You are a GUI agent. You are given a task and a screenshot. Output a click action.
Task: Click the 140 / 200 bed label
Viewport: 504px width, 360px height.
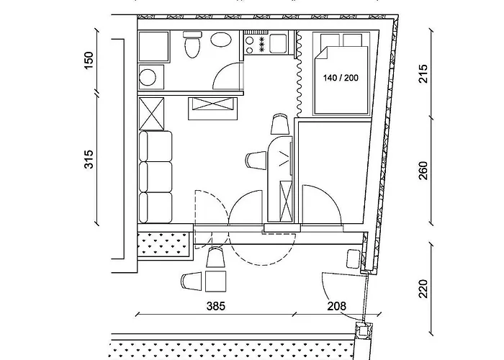pos(341,78)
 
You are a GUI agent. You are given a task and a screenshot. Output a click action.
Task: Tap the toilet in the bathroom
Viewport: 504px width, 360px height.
pos(192,44)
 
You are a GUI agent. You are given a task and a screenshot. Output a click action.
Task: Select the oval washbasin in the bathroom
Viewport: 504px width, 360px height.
pos(221,40)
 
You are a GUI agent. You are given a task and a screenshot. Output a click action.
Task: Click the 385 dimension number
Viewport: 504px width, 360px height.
pos(216,306)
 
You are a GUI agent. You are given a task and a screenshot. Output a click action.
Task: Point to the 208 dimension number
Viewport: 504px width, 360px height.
pos(337,306)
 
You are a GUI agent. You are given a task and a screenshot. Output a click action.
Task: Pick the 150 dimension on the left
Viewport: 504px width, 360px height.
pos(89,60)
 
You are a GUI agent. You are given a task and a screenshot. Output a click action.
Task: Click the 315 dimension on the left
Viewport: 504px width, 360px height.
pos(89,159)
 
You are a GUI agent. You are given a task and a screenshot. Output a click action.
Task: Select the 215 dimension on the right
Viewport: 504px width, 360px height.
pos(423,73)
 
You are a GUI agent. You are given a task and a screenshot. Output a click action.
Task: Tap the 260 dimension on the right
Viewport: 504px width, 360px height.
pos(423,171)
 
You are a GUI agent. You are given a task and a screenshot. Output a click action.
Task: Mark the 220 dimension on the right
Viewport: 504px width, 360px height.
pos(423,289)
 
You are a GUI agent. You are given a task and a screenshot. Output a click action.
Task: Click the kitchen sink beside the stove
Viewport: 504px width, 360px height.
pos(279,44)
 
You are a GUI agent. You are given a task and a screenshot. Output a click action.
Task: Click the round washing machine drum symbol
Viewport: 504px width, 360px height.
pos(148,77)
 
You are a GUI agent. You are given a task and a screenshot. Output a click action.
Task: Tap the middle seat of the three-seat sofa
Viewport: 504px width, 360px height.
pos(156,177)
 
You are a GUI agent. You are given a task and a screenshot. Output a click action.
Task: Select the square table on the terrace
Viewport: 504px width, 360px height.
pos(216,282)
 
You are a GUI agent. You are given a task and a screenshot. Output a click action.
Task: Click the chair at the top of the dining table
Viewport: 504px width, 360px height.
pos(279,124)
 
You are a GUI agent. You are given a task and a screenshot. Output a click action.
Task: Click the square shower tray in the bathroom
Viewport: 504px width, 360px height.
pos(154,47)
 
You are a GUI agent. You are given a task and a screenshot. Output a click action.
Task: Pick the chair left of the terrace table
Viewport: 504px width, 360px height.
pos(192,282)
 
